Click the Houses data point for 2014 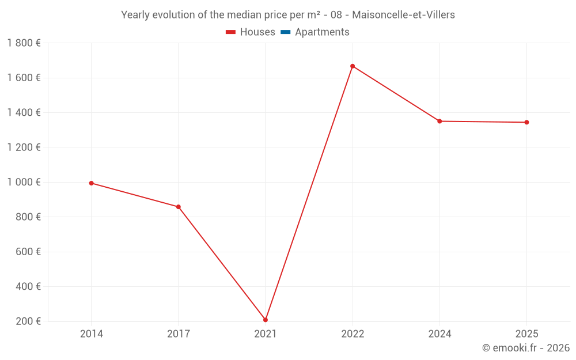(x=92, y=183)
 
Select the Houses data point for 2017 (x=179, y=207)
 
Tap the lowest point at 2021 (x=266, y=320)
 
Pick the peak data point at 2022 (x=353, y=66)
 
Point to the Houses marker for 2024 (x=439, y=121)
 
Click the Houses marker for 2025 (x=526, y=122)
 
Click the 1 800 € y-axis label (x=24, y=43)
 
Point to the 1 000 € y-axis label (x=24, y=182)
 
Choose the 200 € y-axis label (x=28, y=321)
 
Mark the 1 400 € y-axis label (x=24, y=112)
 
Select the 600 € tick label (x=28, y=252)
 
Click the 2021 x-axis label (x=266, y=334)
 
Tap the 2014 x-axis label (x=92, y=334)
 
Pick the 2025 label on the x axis (x=526, y=334)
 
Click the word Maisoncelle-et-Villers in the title (x=403, y=15)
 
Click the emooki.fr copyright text (x=526, y=348)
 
